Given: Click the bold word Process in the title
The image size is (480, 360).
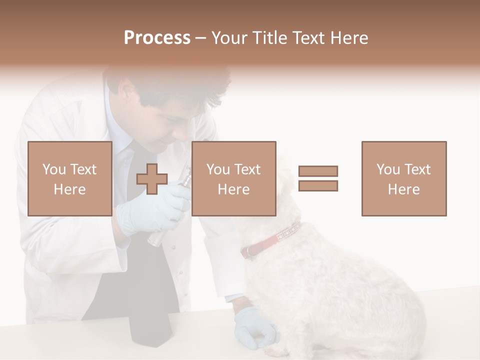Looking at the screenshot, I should pyautogui.click(x=157, y=38).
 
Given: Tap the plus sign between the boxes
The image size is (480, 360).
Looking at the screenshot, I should pyautogui.click(x=152, y=178).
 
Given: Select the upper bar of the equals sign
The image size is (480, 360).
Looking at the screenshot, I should pyautogui.click(x=318, y=171).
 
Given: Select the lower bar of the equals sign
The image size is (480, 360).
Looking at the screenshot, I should pyautogui.click(x=318, y=186).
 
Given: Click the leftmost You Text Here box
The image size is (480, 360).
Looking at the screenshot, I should pyautogui.click(x=69, y=178).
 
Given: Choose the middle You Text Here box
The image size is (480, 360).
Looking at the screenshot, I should pyautogui.click(x=233, y=178).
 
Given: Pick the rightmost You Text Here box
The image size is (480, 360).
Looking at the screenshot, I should pyautogui.click(x=403, y=178).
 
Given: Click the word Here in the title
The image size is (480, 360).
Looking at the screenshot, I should pyautogui.click(x=348, y=38).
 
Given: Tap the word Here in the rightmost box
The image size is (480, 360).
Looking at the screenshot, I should pyautogui.click(x=403, y=189).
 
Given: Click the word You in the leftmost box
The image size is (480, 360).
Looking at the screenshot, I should pyautogui.click(x=52, y=169).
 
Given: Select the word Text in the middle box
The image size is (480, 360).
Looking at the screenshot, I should pyautogui.click(x=247, y=169).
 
